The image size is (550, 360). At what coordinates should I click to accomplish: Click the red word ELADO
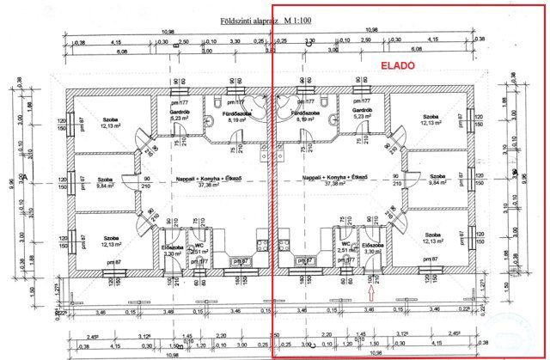coord(397,65)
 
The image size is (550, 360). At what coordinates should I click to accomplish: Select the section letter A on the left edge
coord(28,178)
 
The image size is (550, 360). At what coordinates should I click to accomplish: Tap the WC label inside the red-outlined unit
coord(345,243)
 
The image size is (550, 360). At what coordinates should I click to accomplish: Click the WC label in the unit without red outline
coord(199,243)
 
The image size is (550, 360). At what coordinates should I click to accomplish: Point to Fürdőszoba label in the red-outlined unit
coord(302,113)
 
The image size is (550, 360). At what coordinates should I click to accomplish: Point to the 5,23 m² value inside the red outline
coord(352,119)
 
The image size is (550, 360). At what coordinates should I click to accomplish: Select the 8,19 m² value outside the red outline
coord(237,120)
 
